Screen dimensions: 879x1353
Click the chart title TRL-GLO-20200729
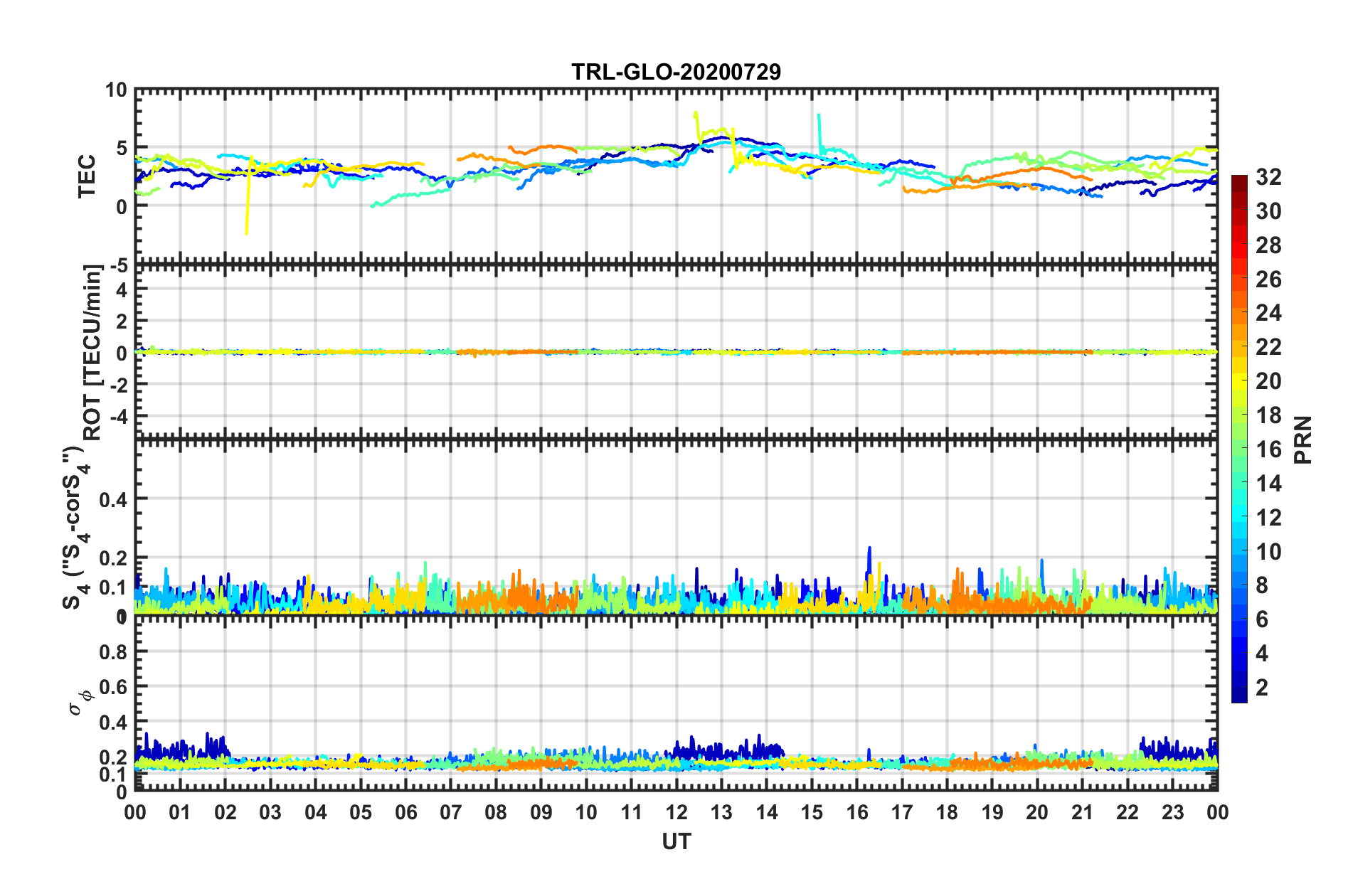[x=676, y=72]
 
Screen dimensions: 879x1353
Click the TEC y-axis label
[x=86, y=176]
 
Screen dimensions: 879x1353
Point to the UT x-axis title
[x=676, y=842]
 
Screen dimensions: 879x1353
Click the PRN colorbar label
[x=1302, y=439]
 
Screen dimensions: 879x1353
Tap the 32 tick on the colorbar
[x=1268, y=177]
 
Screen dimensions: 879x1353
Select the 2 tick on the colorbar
[x=1262, y=687]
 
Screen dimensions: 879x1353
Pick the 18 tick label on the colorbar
[x=1268, y=415]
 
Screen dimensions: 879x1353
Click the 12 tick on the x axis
[x=676, y=812]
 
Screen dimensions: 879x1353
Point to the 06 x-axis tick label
[x=406, y=812]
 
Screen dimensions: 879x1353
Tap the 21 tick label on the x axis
[x=1082, y=812]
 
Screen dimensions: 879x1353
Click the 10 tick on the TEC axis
[x=116, y=90]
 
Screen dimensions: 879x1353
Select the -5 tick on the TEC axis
[x=117, y=266]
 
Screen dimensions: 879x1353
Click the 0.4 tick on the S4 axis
[x=113, y=499]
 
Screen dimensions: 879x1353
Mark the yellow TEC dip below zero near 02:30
[x=247, y=229]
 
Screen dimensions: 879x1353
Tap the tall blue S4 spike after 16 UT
[x=869, y=550]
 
